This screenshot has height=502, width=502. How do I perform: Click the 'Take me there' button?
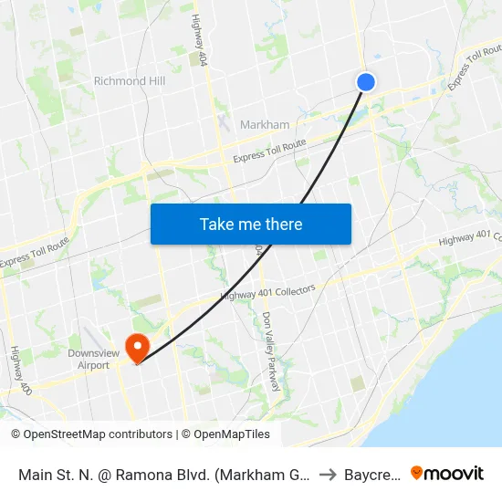point(251,225)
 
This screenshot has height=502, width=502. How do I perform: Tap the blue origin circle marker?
point(365,82)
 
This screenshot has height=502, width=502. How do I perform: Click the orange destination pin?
point(138,348)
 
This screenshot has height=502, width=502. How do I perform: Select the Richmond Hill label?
point(130,81)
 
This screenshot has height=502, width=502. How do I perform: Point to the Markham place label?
point(265,125)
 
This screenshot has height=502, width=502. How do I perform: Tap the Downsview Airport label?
point(89,359)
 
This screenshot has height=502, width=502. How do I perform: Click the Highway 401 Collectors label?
point(267,292)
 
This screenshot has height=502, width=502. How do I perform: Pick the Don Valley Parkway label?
point(270,351)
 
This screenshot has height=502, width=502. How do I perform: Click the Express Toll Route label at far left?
point(34,253)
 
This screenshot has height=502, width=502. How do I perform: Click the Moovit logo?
point(446,473)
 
